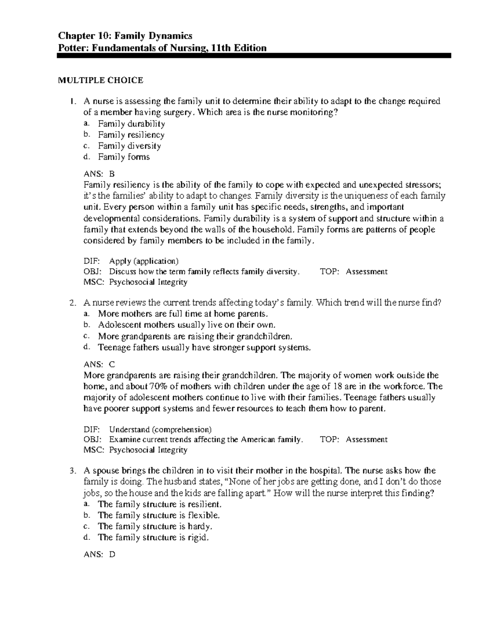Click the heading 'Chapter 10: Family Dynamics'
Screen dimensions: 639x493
tap(125, 36)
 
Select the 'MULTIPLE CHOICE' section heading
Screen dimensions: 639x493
tap(100, 80)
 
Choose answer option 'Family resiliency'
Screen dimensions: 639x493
tap(131, 135)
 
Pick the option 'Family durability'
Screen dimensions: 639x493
tap(131, 124)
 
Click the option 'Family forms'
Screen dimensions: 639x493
tap(124, 157)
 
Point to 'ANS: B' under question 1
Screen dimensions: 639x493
tap(100, 174)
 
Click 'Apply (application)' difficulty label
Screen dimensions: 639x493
tap(144, 261)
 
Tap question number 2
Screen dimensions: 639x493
tap(73, 303)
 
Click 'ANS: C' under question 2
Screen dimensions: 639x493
tap(99, 365)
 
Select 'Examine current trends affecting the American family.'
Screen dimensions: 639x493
tap(206, 439)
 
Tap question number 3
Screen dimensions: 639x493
tap(73, 471)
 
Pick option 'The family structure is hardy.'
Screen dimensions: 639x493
tap(155, 526)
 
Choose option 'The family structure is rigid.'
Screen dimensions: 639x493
tap(153, 537)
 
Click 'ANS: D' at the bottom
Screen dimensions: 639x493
tap(99, 555)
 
